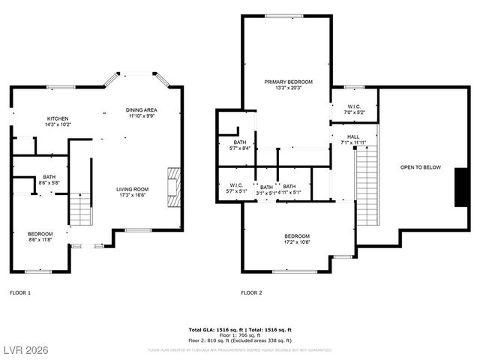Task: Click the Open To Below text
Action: coord(420,167)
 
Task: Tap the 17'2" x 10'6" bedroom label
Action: coord(298,238)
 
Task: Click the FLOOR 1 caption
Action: coord(20,292)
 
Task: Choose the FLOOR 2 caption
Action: coord(251,292)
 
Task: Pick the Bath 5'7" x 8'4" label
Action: coord(239,145)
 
